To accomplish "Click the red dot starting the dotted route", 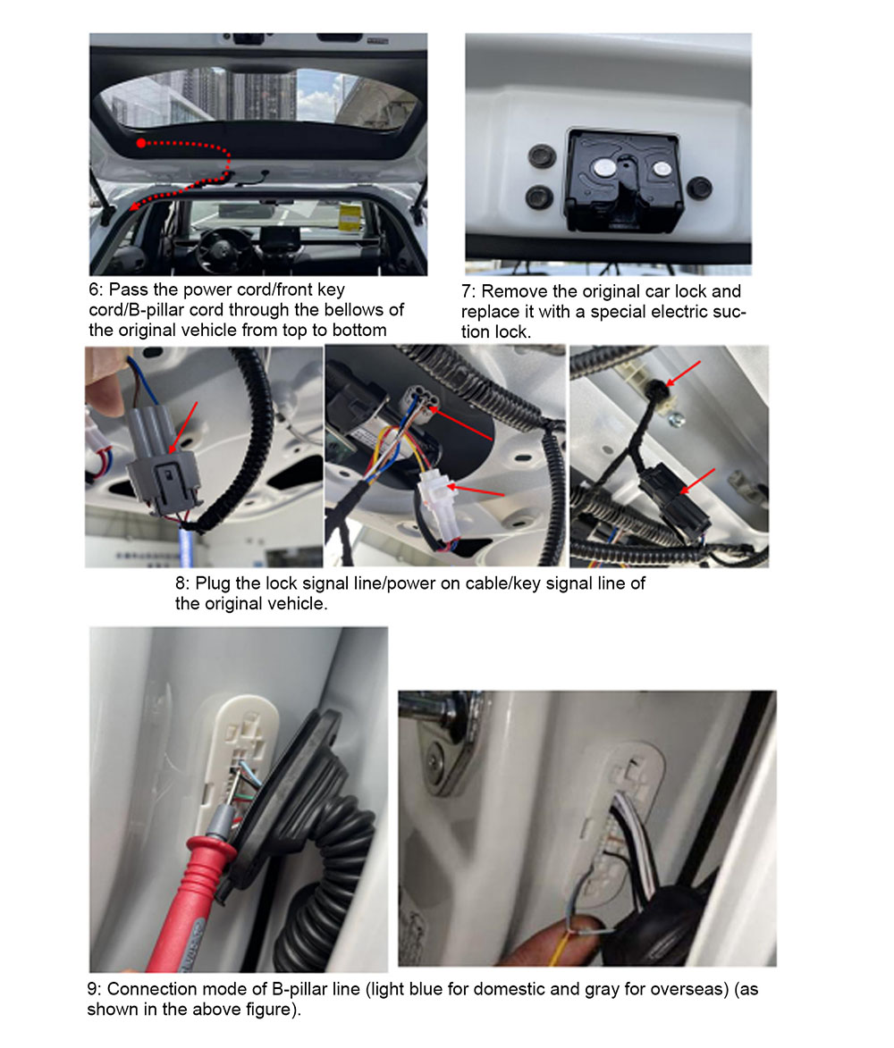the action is pos(141,143).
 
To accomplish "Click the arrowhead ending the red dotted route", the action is pos(134,206).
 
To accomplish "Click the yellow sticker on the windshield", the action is pos(350,219).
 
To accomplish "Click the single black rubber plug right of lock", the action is pos(700,188).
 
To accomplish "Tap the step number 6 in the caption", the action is pos(94,290).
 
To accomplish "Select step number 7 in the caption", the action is pos(467,292).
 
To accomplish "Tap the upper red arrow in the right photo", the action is pos(683,373).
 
